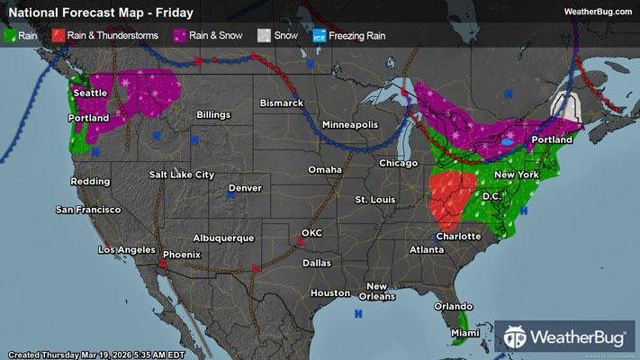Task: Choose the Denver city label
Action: coord(245,188)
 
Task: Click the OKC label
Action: coord(311,233)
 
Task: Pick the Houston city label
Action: coord(329,293)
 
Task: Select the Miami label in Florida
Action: coord(465,335)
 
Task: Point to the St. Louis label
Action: coord(374,198)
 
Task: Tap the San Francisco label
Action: coord(88,210)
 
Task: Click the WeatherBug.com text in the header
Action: coord(598,11)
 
